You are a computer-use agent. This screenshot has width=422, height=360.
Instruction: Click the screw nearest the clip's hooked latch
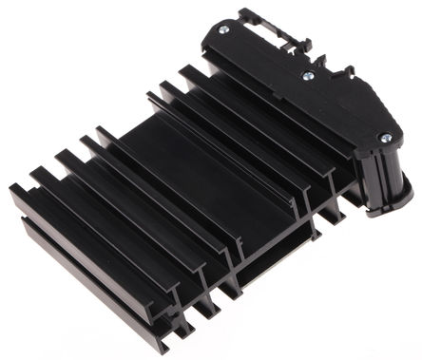(223, 29)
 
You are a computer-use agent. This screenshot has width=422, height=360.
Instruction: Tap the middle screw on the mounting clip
(307, 76)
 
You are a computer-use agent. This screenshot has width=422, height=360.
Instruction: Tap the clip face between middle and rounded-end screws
(347, 109)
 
